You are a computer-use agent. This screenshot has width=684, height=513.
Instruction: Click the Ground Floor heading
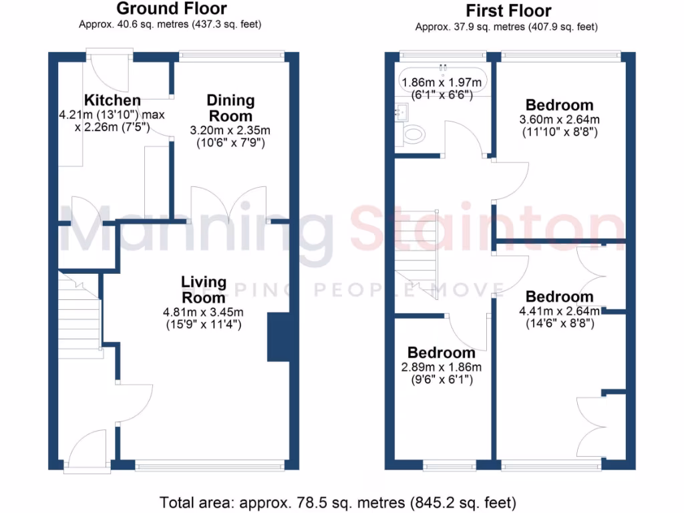[x=172, y=9]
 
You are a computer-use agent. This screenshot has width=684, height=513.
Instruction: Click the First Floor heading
[x=508, y=11]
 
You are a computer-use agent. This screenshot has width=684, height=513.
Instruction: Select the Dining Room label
[x=230, y=108]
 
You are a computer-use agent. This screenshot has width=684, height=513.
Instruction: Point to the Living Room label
[x=204, y=289]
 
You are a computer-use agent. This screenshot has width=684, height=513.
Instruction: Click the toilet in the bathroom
[x=413, y=134]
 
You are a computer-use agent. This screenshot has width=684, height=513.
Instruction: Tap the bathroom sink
[x=401, y=112]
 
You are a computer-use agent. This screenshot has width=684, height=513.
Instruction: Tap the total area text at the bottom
[x=338, y=500]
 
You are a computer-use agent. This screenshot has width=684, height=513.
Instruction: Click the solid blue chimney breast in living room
[x=279, y=337]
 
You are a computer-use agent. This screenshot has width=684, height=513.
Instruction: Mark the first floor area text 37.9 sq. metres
[x=506, y=27]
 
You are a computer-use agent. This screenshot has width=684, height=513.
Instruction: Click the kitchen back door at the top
[x=108, y=67]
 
